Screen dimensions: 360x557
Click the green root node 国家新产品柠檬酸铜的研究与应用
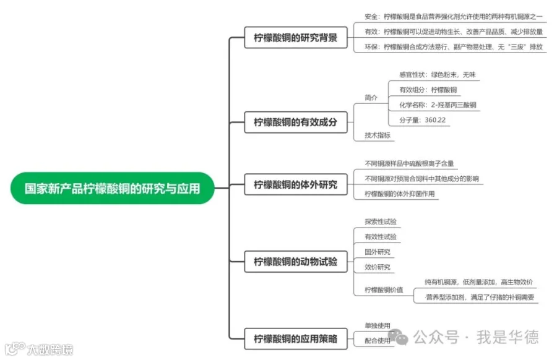coord(112,188)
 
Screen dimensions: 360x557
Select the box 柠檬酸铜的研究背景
coord(295,38)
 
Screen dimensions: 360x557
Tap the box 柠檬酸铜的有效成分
coord(295,122)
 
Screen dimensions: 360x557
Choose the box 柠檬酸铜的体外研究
coord(295,184)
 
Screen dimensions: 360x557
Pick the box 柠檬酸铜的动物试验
coord(295,262)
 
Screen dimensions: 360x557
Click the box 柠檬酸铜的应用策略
coord(295,338)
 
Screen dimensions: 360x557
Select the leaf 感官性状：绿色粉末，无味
coord(437,74)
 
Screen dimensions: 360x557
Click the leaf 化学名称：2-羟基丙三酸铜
coord(437,105)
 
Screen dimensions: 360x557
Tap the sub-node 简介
coord(371,97)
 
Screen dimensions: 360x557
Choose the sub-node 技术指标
coord(378,135)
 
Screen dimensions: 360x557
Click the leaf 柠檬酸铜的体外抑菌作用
coord(399,194)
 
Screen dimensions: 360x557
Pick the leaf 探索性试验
coord(381,221)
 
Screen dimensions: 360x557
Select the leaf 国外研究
coord(378,252)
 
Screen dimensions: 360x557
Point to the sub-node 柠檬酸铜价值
coord(384,289)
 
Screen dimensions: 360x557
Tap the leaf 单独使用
coord(378,325)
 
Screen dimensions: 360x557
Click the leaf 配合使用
coord(378,340)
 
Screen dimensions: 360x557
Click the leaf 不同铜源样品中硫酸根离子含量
coord(409,163)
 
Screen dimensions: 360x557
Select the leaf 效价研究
coord(378,267)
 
